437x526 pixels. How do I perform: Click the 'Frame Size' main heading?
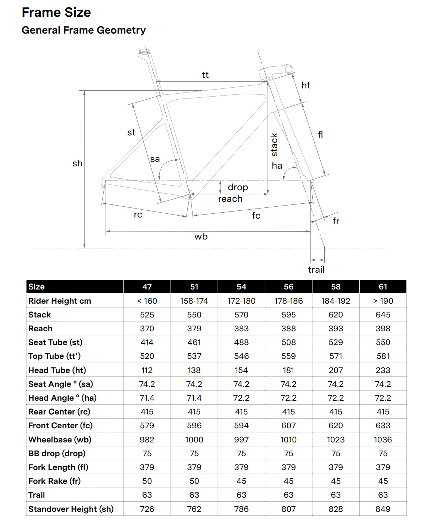click(x=56, y=13)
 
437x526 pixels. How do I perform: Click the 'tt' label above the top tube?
click(x=205, y=75)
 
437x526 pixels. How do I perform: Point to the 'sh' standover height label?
click(x=77, y=163)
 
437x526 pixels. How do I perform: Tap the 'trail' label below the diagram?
click(x=316, y=270)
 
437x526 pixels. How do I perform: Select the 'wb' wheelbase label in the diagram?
click(x=201, y=237)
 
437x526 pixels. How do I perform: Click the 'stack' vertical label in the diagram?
click(x=274, y=145)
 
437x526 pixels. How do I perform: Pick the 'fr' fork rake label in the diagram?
click(x=336, y=221)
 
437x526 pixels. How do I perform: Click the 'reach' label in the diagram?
click(x=230, y=199)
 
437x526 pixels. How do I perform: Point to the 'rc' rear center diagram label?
click(x=138, y=215)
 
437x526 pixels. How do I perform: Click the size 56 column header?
click(x=288, y=287)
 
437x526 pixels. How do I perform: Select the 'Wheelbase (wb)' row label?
click(x=60, y=440)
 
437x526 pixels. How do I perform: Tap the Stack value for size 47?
click(x=147, y=315)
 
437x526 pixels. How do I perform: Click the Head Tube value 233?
click(x=383, y=370)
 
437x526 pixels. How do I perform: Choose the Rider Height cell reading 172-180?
click(x=241, y=301)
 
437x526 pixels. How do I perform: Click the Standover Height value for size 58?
click(x=335, y=509)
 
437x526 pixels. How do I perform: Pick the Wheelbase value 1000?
click(x=194, y=440)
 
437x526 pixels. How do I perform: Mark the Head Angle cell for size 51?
click(x=194, y=398)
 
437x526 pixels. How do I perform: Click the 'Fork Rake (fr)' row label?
click(x=54, y=481)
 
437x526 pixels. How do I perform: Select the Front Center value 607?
click(x=288, y=426)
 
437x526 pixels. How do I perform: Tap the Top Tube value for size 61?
click(x=383, y=356)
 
